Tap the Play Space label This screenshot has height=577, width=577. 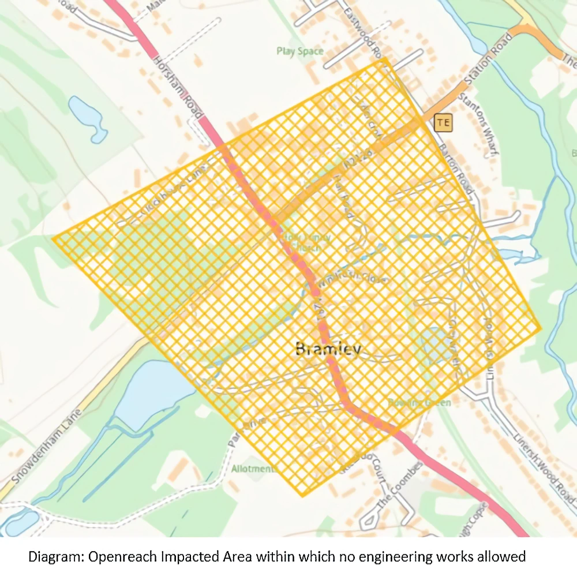299,51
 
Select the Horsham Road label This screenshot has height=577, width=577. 179,87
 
